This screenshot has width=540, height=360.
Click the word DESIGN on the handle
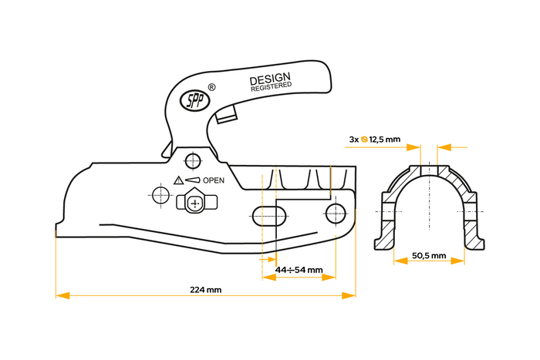click(269, 79)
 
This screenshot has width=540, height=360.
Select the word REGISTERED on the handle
click(272, 88)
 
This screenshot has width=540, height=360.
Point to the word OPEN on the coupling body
click(214, 180)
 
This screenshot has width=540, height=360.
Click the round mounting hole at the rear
click(335, 212)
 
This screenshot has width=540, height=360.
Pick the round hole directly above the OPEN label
click(193, 160)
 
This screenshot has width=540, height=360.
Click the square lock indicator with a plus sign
click(195, 204)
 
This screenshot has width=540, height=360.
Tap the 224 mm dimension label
click(205, 290)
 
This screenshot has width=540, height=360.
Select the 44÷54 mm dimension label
click(299, 271)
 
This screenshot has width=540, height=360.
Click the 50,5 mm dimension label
click(429, 255)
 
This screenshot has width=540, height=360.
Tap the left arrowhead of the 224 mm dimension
click(61, 295)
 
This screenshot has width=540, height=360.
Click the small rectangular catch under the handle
click(226, 116)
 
